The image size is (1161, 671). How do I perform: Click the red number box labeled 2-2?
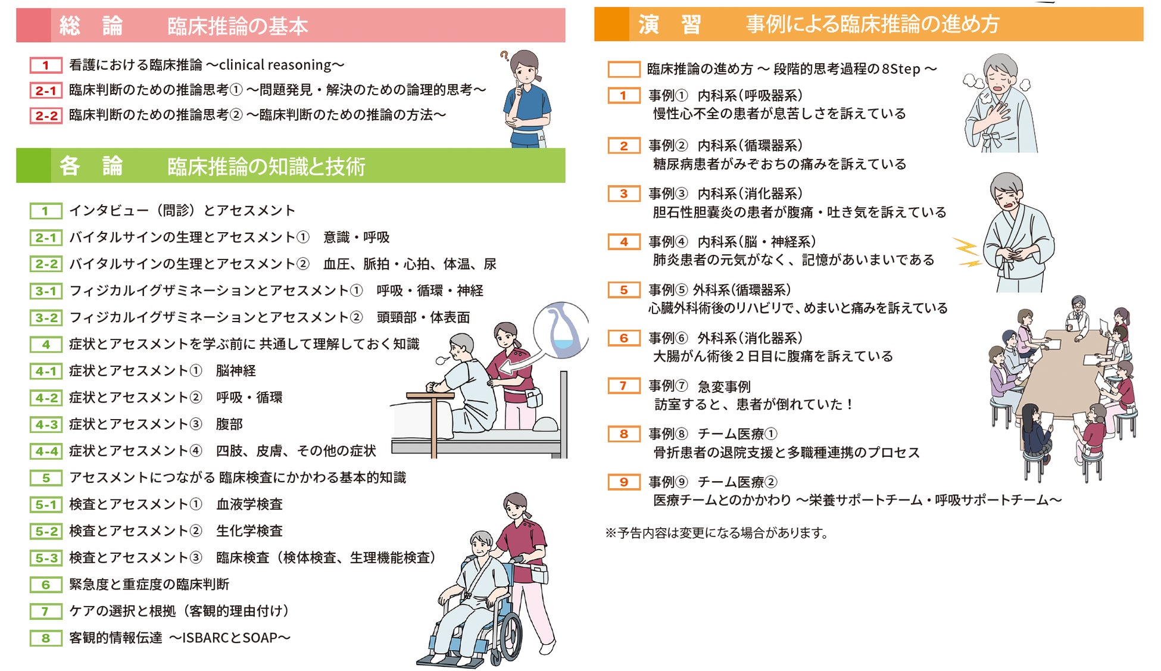click(46, 116)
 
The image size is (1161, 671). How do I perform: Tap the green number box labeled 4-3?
click(46, 425)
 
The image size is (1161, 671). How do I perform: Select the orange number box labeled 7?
click(623, 386)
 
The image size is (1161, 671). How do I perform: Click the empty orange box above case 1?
click(624, 69)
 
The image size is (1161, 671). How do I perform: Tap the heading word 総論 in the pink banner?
click(91, 26)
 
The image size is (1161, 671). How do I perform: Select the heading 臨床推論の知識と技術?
click(266, 167)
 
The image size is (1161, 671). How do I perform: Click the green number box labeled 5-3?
click(46, 558)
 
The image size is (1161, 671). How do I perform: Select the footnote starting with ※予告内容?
click(717, 533)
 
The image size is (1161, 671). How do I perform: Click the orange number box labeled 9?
click(623, 482)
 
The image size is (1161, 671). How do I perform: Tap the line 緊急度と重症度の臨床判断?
click(149, 585)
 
